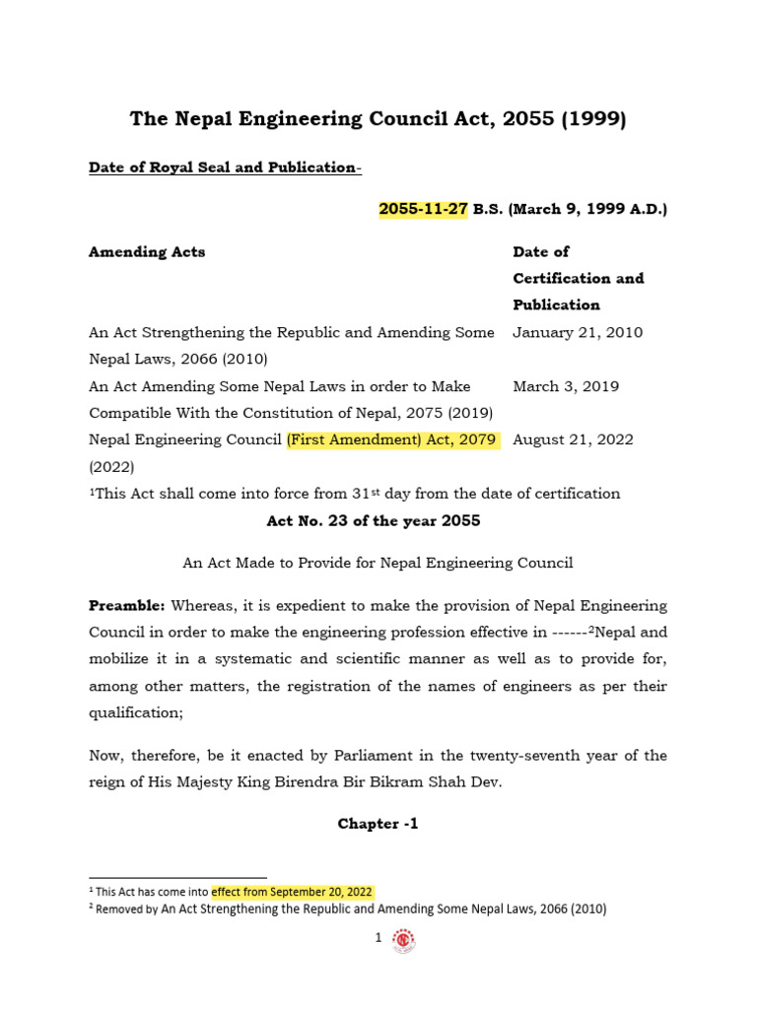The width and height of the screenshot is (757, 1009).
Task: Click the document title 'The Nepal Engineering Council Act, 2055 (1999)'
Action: point(378,119)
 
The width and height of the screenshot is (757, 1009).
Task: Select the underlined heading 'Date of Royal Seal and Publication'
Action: point(224,168)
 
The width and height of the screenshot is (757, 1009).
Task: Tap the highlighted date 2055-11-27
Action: point(423,210)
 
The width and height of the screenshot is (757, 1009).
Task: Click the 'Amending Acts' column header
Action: point(147,251)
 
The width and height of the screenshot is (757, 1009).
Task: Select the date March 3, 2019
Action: point(566,386)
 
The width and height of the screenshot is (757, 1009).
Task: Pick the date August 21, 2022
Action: point(574,439)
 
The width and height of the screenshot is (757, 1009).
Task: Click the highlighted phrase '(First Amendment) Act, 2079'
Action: point(392,439)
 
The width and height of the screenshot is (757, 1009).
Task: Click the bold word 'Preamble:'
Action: point(127,605)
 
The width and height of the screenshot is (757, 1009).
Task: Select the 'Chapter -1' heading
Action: point(378,824)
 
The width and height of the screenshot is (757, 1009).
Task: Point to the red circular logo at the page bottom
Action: point(403,941)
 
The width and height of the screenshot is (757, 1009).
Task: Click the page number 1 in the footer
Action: point(378,939)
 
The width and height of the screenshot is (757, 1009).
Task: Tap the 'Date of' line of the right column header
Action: point(541,251)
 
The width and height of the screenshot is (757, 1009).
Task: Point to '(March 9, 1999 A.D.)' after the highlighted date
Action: point(587,210)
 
